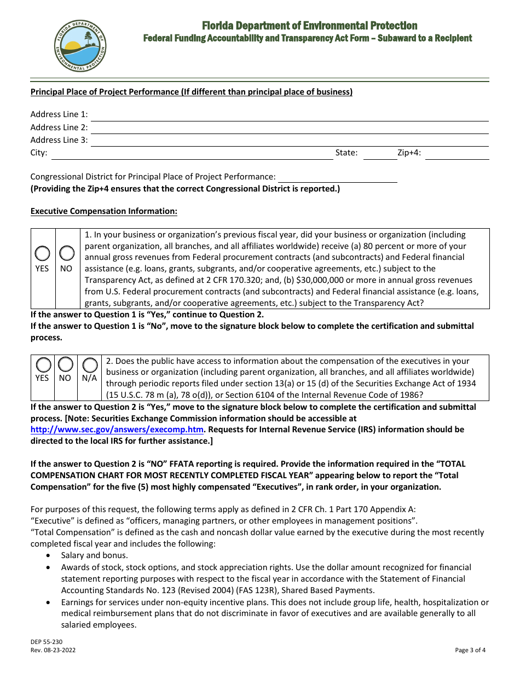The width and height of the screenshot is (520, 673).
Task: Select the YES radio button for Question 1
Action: click(42, 253)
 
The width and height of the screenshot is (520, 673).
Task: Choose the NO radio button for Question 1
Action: click(66, 253)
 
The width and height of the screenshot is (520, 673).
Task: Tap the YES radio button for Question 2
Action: click(42, 364)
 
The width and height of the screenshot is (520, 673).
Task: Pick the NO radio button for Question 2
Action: click(66, 364)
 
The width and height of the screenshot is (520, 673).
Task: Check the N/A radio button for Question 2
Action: click(90, 364)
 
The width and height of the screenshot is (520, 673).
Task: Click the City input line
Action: click(192, 154)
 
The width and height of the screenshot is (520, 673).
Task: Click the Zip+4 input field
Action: click(457, 154)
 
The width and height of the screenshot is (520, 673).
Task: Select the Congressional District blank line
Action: click(337, 177)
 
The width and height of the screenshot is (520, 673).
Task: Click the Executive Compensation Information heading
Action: click(104, 211)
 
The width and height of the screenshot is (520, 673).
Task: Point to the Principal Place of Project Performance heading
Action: click(192, 92)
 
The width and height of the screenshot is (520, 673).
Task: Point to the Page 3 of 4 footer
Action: click(470, 650)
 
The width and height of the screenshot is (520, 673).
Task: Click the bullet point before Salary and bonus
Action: click(49, 555)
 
